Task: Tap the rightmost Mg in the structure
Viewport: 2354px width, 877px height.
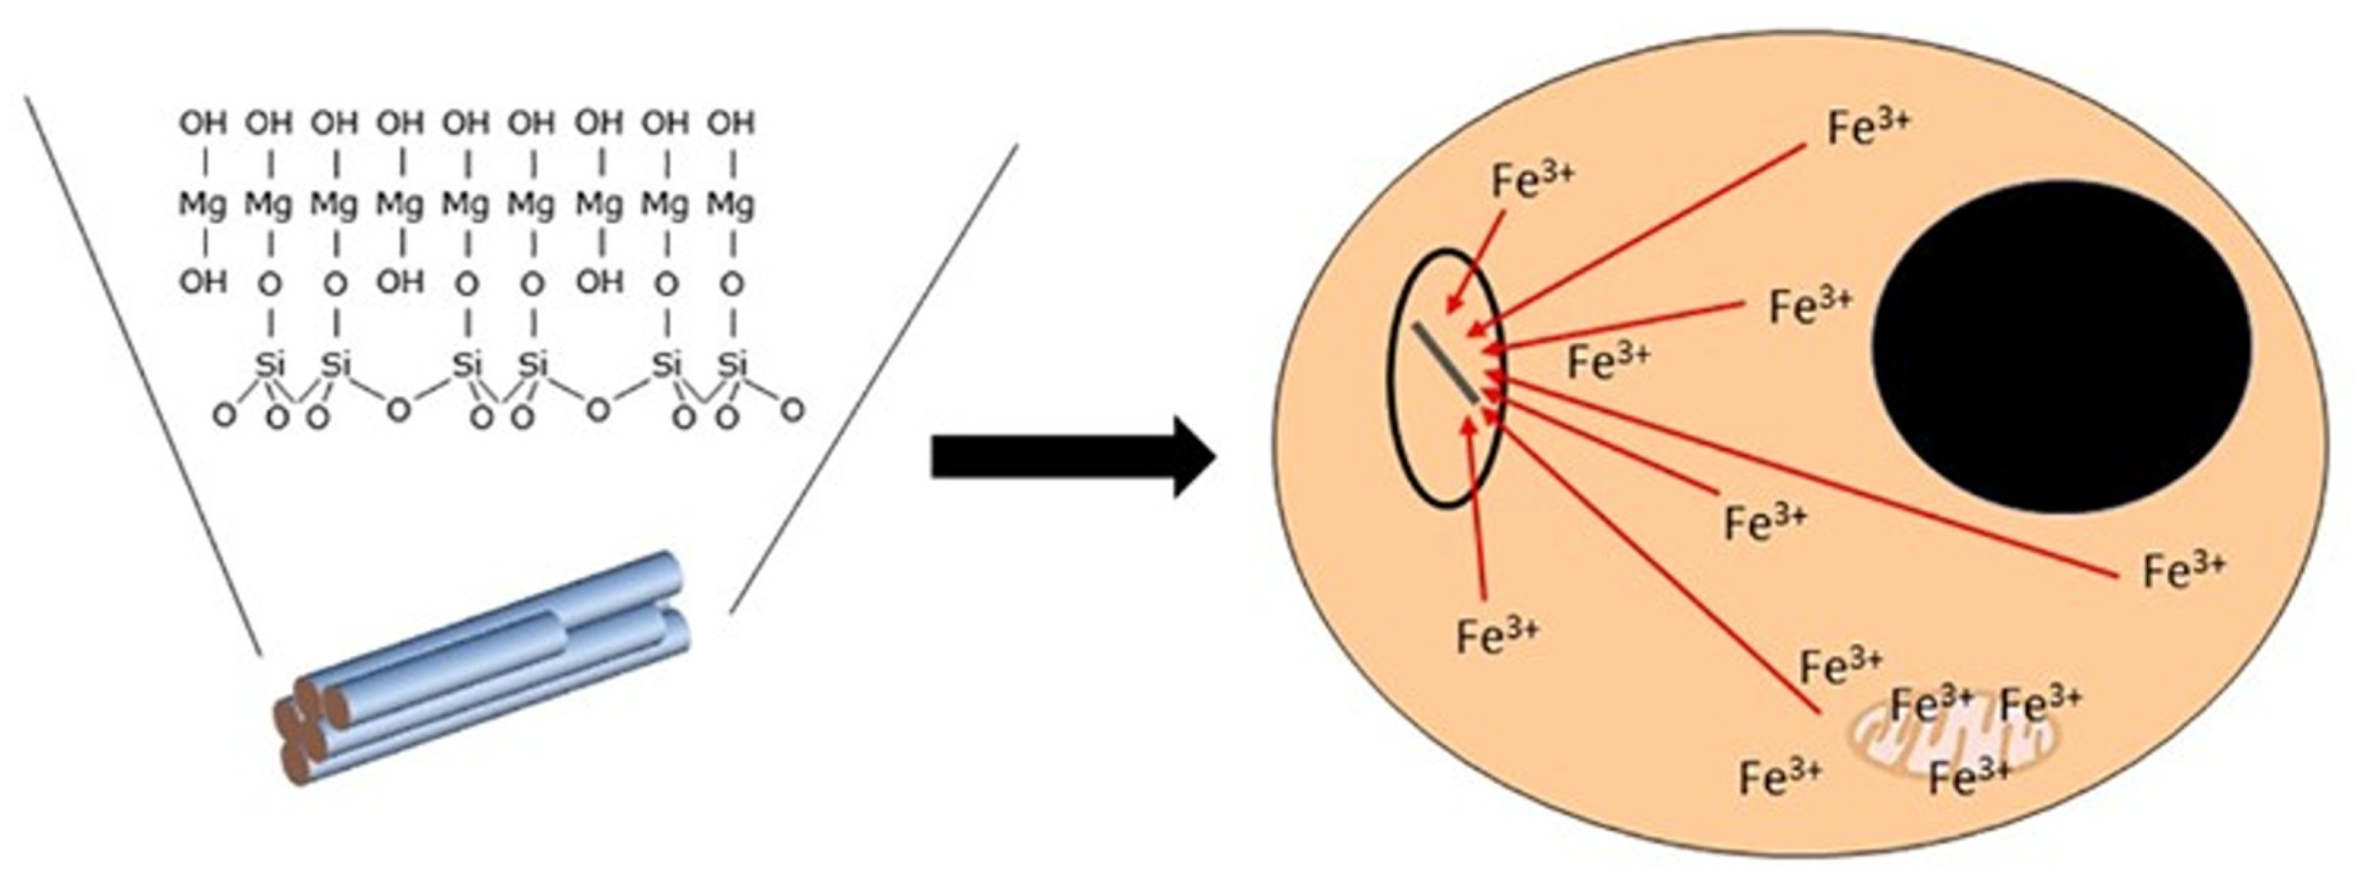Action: [731, 205]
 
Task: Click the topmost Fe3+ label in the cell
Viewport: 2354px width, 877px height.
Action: [1868, 128]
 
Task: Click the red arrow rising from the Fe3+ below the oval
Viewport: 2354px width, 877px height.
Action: [1476, 512]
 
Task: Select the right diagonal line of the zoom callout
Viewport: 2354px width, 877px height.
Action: [872, 380]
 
